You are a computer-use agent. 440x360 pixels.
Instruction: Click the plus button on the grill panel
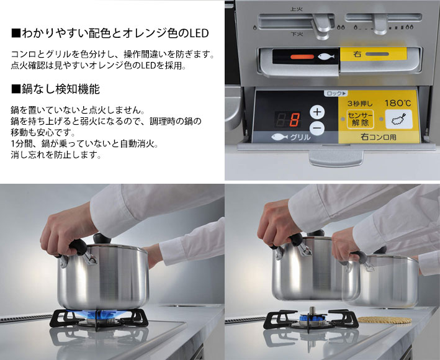317,112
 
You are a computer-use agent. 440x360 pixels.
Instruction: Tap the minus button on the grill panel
317,128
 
